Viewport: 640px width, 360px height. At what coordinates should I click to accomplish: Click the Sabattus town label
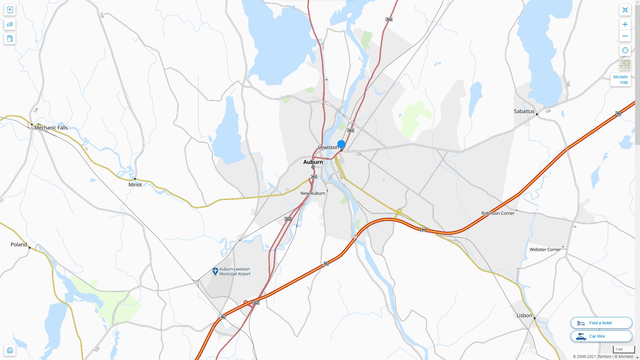524,111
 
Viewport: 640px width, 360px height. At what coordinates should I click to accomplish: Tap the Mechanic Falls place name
51,128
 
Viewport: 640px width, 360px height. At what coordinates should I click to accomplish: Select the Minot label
135,185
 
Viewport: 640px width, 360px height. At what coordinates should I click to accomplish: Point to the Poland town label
19,245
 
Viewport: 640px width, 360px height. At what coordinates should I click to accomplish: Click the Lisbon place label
524,315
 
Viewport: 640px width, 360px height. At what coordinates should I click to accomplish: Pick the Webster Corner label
545,250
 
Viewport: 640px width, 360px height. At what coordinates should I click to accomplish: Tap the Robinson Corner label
498,213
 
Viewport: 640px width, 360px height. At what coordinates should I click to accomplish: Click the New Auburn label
313,193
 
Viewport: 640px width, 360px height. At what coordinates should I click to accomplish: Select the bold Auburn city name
313,162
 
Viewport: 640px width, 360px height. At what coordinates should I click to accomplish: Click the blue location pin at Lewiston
341,144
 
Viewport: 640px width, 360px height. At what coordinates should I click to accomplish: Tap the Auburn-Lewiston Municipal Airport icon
215,271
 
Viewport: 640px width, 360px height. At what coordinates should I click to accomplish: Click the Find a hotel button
601,323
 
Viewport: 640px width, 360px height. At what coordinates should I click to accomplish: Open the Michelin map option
620,80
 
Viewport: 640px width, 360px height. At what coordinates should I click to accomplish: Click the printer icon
10,350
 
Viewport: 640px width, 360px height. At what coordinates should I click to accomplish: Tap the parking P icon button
10,10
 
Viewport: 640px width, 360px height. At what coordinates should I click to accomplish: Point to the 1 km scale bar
623,350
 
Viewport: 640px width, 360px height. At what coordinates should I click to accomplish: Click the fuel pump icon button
10,39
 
